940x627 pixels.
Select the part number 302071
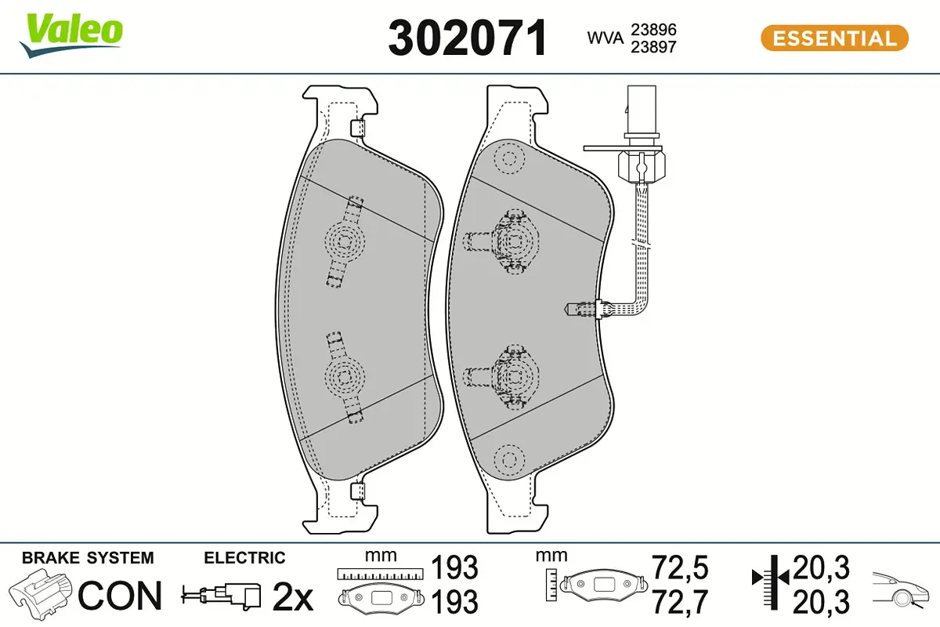coord(468,38)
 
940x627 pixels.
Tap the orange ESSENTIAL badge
coord(834,38)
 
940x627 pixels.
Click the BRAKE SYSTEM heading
coord(88,558)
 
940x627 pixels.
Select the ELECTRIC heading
coord(244,558)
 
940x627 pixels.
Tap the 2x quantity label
coord(292,598)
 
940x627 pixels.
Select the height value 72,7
coord(680,602)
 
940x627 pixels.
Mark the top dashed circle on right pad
coord(510,159)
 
